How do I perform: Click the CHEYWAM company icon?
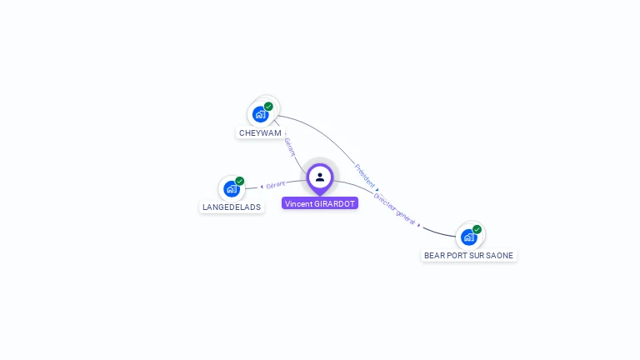(260, 114)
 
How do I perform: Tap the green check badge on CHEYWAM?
(268, 107)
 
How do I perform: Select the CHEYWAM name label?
(260, 132)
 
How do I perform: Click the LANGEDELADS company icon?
(231, 188)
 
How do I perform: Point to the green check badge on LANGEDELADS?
(239, 181)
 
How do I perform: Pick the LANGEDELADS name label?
(232, 207)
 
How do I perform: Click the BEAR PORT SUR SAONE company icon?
(468, 237)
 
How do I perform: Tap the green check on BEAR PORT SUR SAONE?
(477, 229)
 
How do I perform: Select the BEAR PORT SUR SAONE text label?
(468, 255)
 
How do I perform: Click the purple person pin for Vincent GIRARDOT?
(320, 177)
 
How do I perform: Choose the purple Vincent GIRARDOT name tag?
(320, 203)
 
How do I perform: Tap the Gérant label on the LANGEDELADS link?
(276, 184)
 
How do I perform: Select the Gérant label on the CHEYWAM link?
(289, 147)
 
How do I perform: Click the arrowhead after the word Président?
(377, 189)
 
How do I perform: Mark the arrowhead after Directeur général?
(419, 225)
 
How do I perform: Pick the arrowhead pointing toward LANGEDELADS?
(262, 187)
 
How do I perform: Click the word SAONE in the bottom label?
(501, 255)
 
